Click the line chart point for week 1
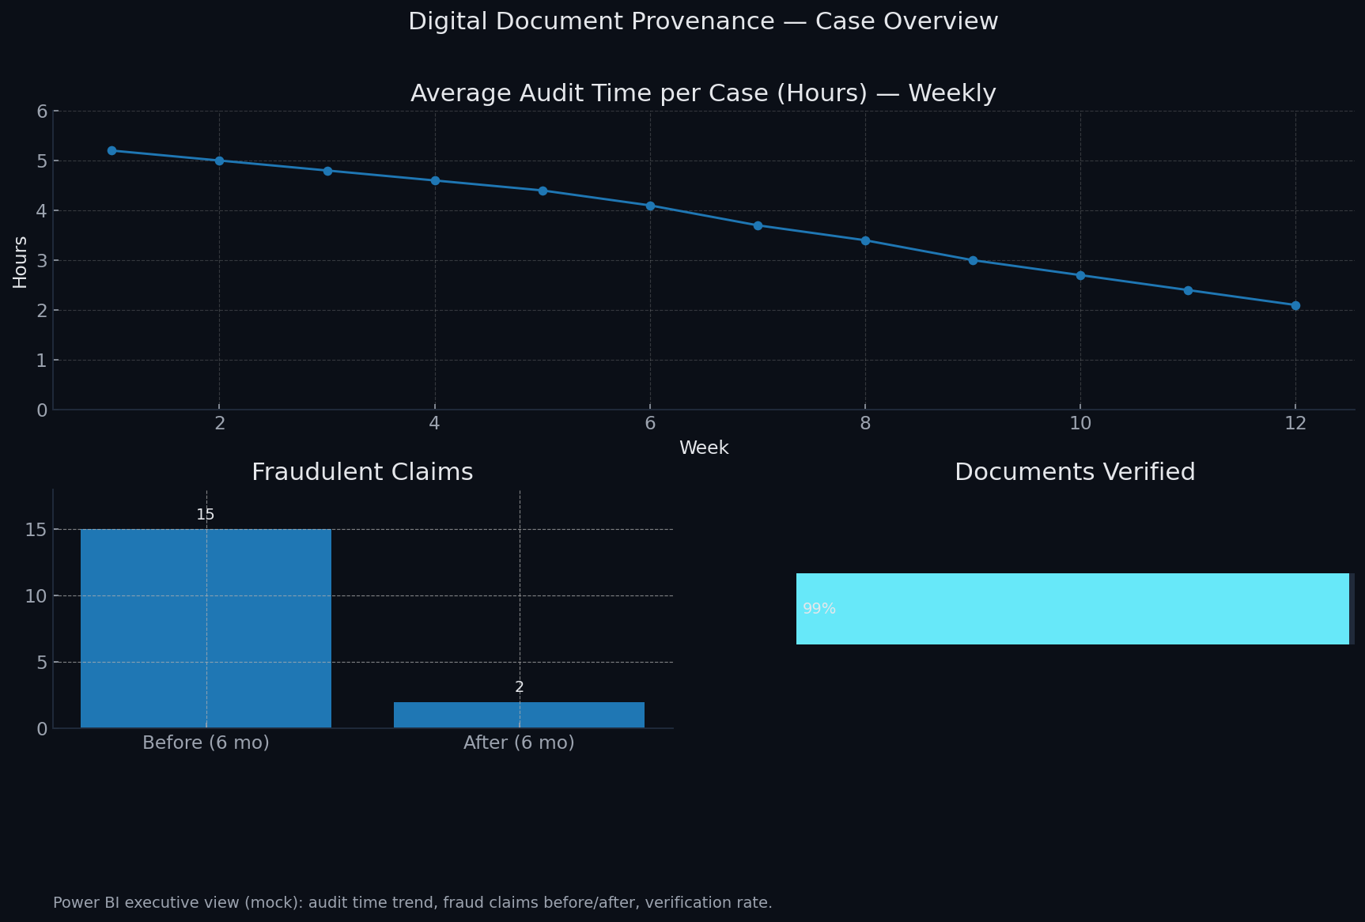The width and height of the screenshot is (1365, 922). [112, 150]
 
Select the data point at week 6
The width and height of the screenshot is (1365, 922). [650, 206]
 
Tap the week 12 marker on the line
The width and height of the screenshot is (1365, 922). [1295, 305]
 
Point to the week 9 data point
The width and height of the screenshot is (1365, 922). [973, 260]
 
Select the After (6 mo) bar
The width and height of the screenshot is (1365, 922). [519, 715]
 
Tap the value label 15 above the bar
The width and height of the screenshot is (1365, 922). [206, 515]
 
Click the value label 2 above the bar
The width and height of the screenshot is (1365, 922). [519, 687]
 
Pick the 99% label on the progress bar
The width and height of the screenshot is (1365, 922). [819, 609]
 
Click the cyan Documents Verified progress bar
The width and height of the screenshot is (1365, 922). [1072, 609]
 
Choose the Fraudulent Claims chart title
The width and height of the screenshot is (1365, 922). [362, 472]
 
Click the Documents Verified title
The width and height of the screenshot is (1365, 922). [1075, 472]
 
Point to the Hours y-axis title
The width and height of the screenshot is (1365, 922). [21, 262]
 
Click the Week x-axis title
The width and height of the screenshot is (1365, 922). [704, 448]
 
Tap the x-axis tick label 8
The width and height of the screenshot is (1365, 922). [865, 424]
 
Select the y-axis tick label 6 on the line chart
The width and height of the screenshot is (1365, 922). [42, 111]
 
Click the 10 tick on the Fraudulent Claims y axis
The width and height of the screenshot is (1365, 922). [36, 595]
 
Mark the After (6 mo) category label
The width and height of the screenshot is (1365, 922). [519, 743]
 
